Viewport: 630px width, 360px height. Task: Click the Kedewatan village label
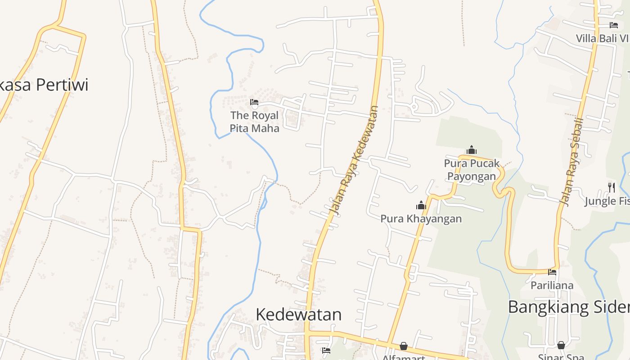[x=298, y=314]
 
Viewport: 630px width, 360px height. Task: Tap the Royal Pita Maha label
[x=254, y=122]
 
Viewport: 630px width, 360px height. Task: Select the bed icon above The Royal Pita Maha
[x=254, y=102]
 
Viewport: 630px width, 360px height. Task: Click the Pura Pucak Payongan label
[x=472, y=170]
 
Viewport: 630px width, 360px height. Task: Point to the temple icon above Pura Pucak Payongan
[x=472, y=150]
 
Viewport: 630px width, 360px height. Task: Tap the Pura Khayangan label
[x=421, y=219]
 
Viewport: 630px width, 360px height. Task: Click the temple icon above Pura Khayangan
[x=421, y=206]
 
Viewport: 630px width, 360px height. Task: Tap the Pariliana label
[x=552, y=285]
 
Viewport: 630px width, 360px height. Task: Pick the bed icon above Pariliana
[x=552, y=272]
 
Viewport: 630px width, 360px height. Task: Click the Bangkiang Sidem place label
[x=569, y=307]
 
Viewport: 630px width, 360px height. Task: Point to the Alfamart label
[x=404, y=357]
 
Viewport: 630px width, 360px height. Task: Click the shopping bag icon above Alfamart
[x=404, y=346]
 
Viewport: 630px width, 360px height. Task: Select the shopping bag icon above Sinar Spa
[x=561, y=345]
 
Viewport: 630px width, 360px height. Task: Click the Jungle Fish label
[x=607, y=201]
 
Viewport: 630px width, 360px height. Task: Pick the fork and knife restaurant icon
[x=612, y=187]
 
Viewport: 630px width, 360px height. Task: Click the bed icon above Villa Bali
[x=614, y=25]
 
